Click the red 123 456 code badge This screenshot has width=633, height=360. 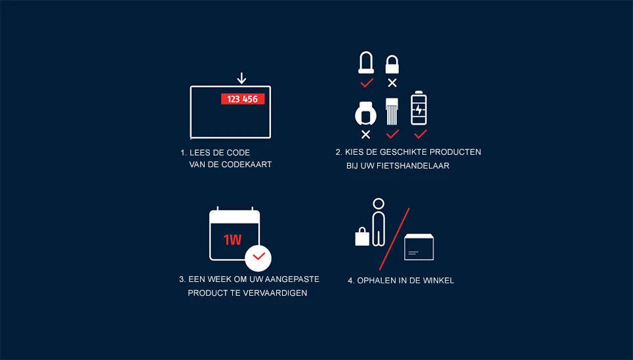pos(242,99)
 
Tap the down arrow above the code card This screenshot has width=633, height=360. pos(241,79)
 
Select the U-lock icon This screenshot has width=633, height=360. pos(366,63)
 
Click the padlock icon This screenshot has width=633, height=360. pos(392,64)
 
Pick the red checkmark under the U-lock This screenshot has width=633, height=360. pos(367,83)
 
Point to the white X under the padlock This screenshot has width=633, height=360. pos(392,83)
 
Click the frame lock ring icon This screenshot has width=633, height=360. pos(365,113)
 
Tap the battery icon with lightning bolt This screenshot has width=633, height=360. pos(419,108)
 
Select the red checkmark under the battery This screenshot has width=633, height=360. pos(420,134)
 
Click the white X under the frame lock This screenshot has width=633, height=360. pos(366,134)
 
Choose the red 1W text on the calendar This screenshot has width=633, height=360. pos(232,240)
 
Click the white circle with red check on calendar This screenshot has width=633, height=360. pos(258,256)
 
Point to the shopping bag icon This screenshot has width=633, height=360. pos(362,236)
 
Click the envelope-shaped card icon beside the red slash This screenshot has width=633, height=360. pos(419,247)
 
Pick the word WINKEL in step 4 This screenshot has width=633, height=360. pos(439,281)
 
